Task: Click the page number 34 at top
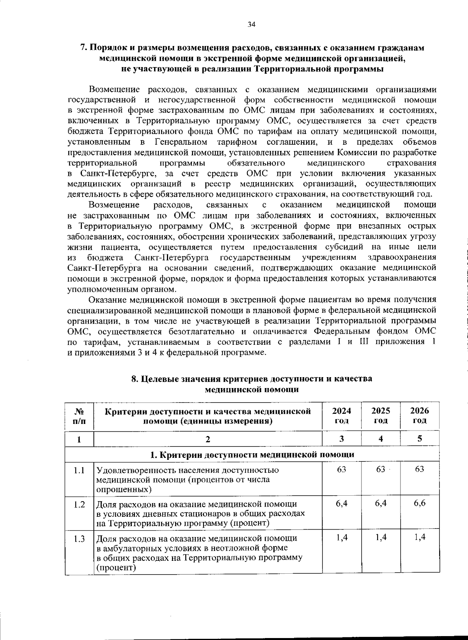pos(251,25)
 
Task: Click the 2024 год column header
pos(341,415)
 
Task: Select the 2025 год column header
pos(381,415)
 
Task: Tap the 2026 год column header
pos(420,415)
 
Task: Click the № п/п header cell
pos(79,416)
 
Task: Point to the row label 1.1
pos(79,471)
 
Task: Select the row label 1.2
pos(79,505)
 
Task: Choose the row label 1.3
pos(79,539)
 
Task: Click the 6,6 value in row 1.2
pos(420,503)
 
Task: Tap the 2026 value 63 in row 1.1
pos(420,469)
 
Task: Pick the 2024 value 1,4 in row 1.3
pos(342,537)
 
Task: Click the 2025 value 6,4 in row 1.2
pos(381,503)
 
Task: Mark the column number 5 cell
pos(420,438)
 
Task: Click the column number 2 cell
pos(208,439)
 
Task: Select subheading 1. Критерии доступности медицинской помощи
pos(252,454)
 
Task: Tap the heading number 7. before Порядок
pos(83,48)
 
